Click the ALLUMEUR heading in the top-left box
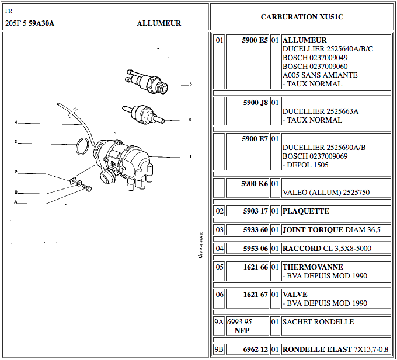click(159, 23)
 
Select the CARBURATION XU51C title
click(302, 17)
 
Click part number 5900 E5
click(255, 40)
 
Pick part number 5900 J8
click(255, 102)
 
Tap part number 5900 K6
click(255, 183)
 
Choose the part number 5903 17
click(255, 211)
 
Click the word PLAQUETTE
click(306, 211)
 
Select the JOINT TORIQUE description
click(331, 230)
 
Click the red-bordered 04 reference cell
click(220, 249)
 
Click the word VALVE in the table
click(295, 295)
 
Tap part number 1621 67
click(255, 295)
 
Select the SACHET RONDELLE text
click(310, 322)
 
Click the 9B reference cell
click(220, 349)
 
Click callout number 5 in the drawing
click(190, 84)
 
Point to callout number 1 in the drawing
click(190, 156)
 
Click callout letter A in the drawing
click(16, 202)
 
